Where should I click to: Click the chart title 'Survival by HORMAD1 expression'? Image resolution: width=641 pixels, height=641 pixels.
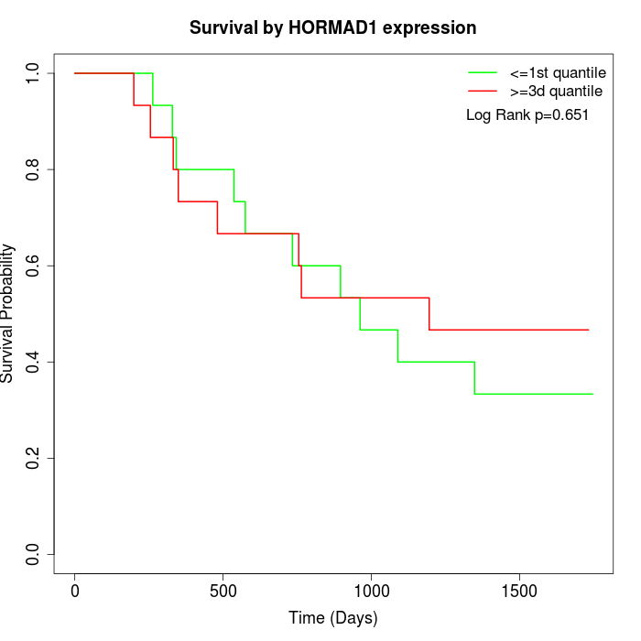pos(332,28)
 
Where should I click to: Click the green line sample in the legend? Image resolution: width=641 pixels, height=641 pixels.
pos(483,72)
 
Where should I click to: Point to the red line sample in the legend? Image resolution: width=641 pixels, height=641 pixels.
pos(483,92)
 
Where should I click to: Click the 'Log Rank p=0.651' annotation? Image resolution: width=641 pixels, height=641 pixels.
pos(527,115)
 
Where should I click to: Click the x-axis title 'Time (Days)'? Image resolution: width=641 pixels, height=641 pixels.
pos(332,618)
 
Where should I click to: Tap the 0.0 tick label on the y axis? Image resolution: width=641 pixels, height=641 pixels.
pos(34,554)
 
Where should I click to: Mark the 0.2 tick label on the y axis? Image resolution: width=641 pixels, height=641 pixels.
pos(34,458)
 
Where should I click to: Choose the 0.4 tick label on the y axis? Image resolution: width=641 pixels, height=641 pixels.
pos(34,362)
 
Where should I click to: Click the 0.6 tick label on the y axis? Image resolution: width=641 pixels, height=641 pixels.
pos(34,266)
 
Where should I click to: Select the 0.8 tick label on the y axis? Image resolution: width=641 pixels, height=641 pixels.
pos(34,169)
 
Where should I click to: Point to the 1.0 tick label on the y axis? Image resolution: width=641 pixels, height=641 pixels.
pos(34,73)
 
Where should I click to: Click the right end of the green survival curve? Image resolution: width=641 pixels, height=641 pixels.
pos(592,394)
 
